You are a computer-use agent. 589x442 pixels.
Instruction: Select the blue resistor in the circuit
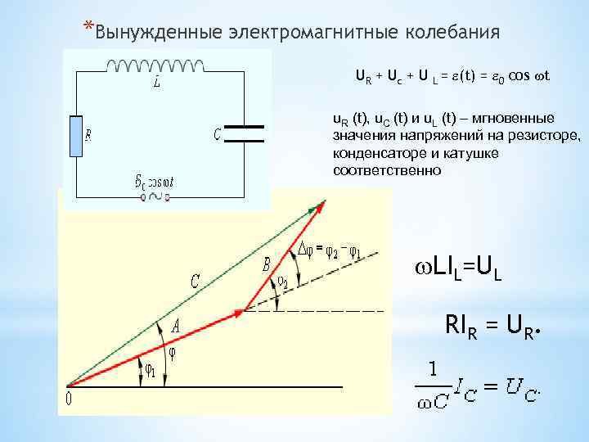[x=75, y=135]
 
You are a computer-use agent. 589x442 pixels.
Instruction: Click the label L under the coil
[x=156, y=83]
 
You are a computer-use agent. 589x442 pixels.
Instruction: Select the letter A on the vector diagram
[x=176, y=325]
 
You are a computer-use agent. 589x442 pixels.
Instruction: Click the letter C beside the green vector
[x=196, y=282]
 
